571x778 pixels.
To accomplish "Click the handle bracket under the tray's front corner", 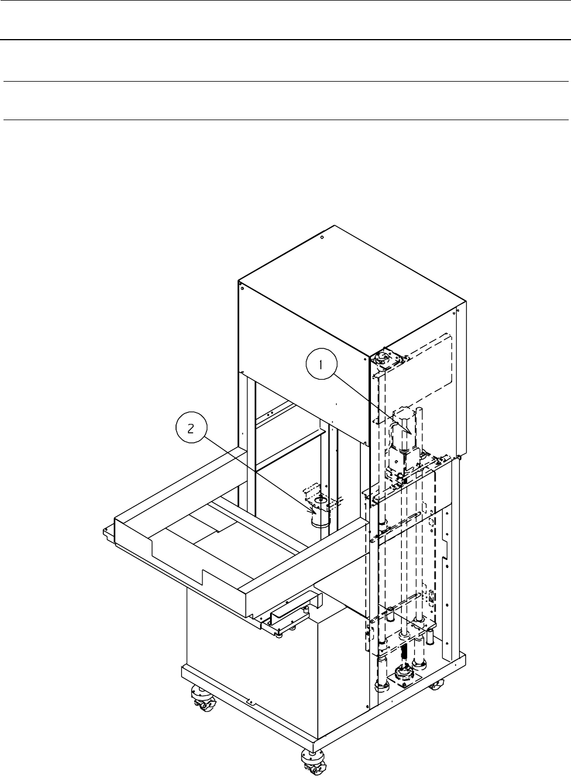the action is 292,612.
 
